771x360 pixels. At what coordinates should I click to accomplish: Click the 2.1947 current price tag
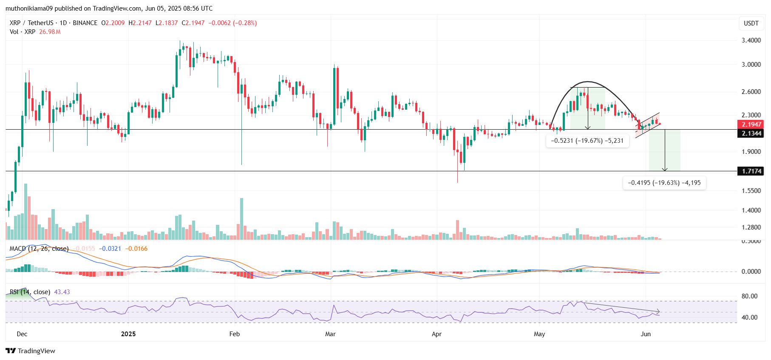click(x=751, y=125)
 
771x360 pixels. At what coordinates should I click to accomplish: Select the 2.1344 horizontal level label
click(x=751, y=133)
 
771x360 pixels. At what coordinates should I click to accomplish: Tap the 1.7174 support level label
click(x=751, y=171)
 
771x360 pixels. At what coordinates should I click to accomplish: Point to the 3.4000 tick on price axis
click(x=751, y=40)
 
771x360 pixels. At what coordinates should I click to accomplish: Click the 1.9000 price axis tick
click(x=751, y=152)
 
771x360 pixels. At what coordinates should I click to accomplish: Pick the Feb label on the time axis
click(x=235, y=334)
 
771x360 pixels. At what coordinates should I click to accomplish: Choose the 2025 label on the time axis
click(x=128, y=334)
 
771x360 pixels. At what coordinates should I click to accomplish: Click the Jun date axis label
click(x=646, y=334)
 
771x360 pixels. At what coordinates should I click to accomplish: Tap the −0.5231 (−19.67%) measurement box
click(x=587, y=141)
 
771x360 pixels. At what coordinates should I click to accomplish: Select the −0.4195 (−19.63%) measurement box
click(x=664, y=183)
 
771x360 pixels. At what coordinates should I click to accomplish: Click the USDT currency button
click(x=751, y=23)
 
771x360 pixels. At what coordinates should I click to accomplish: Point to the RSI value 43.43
click(x=62, y=292)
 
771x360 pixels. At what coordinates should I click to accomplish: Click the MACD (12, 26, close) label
click(x=39, y=249)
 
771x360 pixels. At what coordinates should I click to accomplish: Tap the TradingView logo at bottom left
click(x=31, y=351)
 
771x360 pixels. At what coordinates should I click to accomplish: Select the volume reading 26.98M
click(x=50, y=32)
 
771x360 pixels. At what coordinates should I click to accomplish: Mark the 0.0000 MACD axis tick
click(x=751, y=272)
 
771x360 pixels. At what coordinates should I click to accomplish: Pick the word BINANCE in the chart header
click(x=85, y=23)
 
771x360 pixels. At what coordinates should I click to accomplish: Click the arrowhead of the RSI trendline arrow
click(x=658, y=311)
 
